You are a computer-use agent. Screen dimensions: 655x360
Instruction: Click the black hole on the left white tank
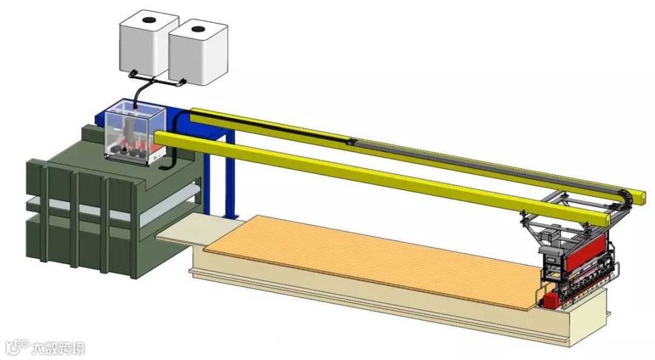[x=148, y=19]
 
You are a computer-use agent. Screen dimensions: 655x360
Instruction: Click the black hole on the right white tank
[x=198, y=29]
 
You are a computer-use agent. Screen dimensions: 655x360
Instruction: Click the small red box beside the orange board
[x=551, y=300]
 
